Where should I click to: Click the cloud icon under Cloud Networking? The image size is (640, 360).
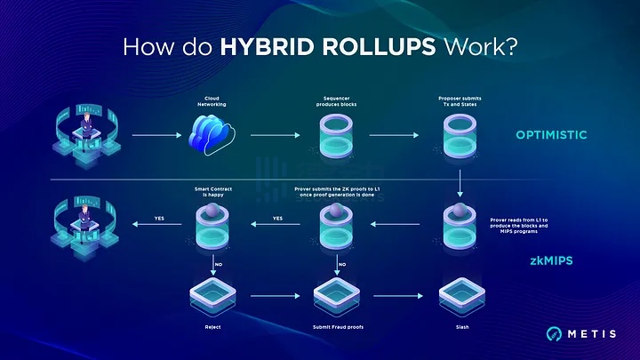point(213,136)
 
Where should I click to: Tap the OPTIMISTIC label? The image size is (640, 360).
point(552,136)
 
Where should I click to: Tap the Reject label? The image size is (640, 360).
point(214,326)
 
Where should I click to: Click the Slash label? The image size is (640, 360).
point(460,326)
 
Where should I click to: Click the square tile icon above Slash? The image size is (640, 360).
point(460,292)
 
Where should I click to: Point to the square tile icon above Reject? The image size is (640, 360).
point(214,292)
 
